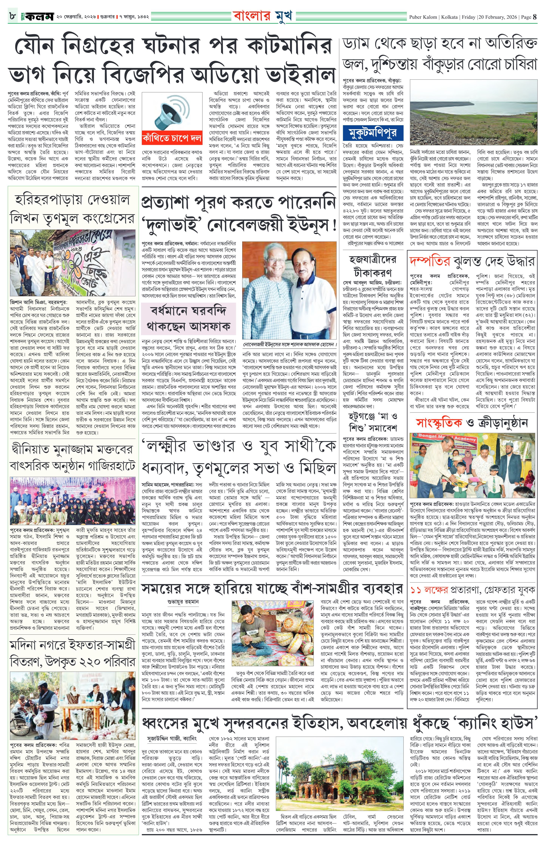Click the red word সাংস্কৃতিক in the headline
click(439, 423)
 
